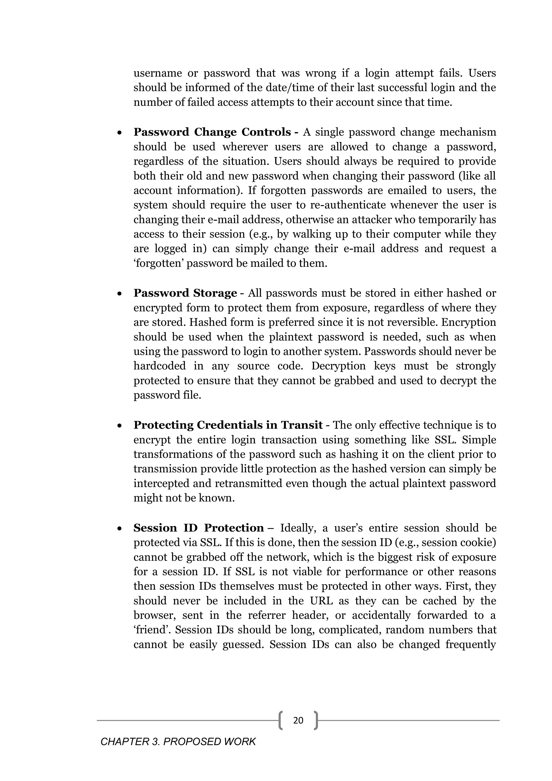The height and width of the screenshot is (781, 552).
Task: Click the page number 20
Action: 298,720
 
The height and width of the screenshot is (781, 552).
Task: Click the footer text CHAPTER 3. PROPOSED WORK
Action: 178,742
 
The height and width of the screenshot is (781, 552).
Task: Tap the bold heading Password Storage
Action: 185,293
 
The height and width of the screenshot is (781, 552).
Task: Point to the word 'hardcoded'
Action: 159,366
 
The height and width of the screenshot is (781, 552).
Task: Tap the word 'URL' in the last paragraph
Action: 321,601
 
